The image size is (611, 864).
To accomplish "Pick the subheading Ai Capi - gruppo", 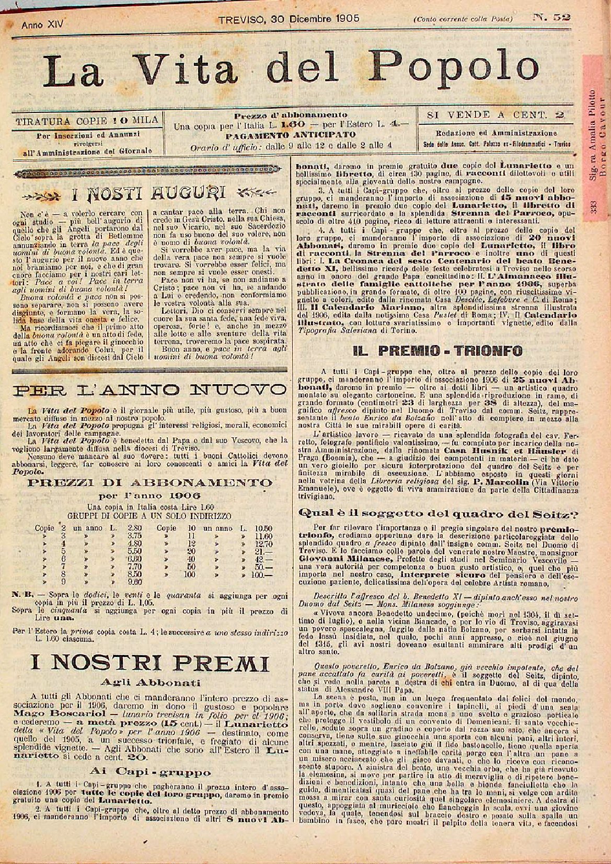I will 151,771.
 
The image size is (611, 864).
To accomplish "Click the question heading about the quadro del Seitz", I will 438,514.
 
